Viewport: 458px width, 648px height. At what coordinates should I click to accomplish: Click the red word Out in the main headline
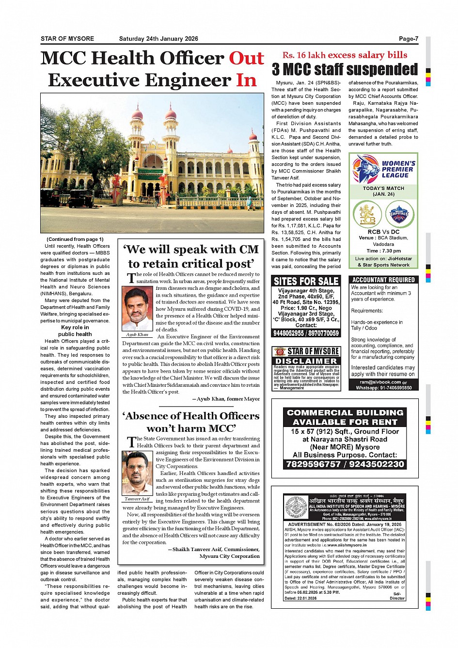[246, 58]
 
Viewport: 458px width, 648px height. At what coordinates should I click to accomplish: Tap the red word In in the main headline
[246, 80]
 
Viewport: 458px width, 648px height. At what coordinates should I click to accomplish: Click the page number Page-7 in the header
[408, 39]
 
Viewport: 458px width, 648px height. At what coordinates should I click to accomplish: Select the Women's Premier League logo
[383, 168]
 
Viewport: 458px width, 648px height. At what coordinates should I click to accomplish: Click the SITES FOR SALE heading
[306, 282]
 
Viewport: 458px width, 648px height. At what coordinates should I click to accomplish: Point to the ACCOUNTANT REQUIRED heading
[383, 280]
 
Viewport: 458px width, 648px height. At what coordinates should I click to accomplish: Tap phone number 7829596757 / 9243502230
[345, 464]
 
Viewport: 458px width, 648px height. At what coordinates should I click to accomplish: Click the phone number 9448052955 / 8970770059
[306, 333]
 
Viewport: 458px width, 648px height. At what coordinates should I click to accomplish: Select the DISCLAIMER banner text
[306, 361]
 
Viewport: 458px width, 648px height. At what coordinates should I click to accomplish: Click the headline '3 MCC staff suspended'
[345, 70]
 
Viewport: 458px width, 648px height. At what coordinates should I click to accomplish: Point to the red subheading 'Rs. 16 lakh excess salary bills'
[345, 55]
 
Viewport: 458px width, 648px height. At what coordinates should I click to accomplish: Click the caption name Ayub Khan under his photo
[137, 335]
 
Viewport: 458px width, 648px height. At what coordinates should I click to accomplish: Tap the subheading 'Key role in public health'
[75, 331]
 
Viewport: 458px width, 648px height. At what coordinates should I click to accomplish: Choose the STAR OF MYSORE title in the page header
[67, 39]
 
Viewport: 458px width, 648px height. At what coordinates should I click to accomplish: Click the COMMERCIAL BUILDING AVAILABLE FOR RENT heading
[345, 417]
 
